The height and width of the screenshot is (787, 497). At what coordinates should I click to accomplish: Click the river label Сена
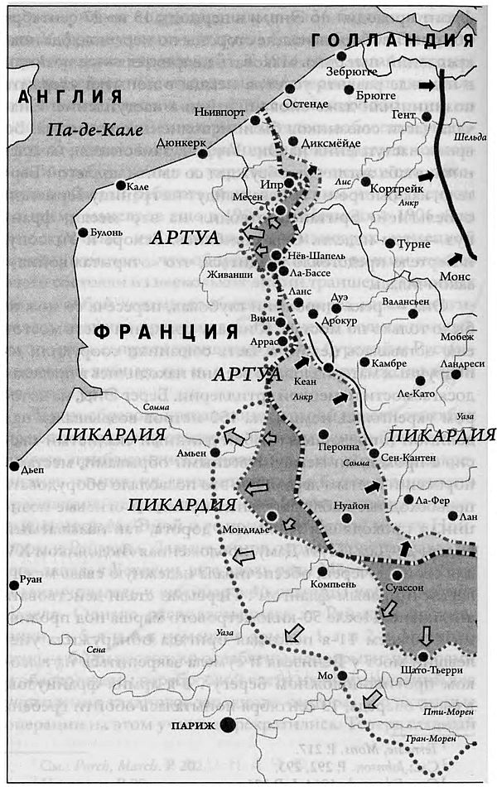(x=97, y=651)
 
